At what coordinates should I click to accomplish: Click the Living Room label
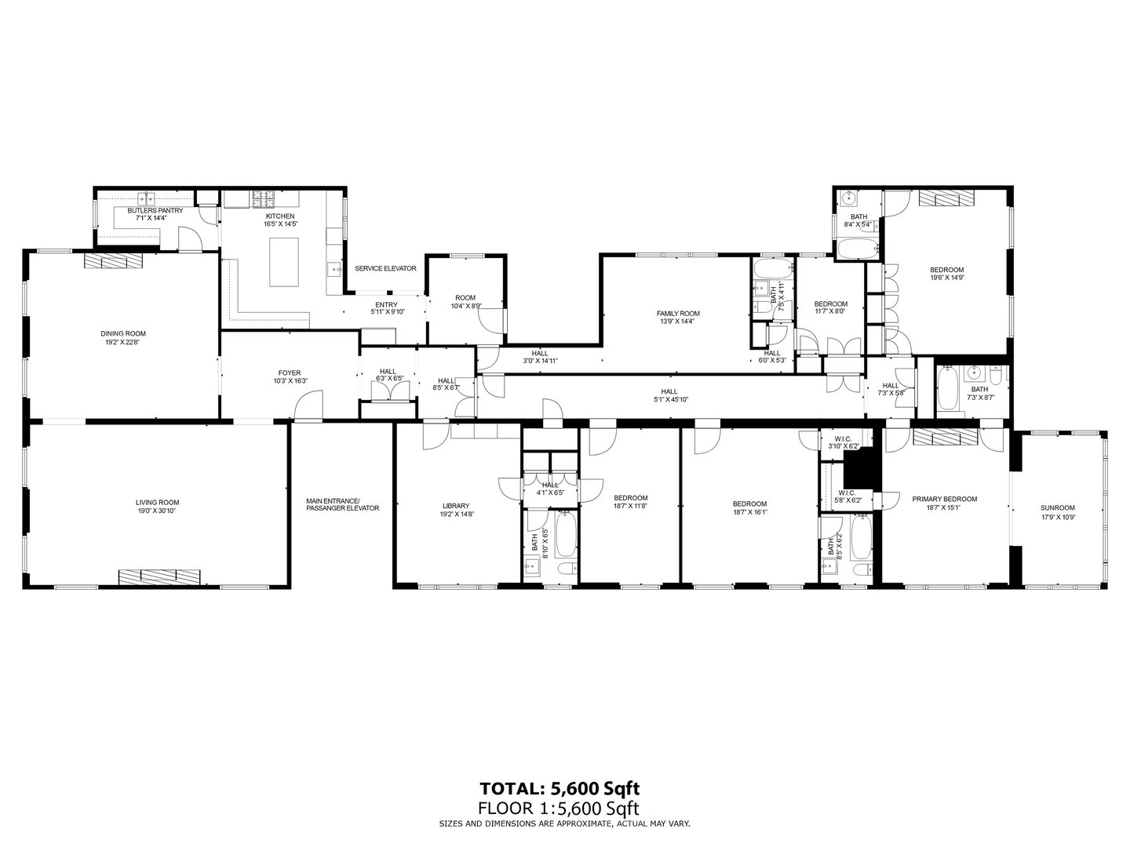[158, 502]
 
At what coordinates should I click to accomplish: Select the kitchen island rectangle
[285, 263]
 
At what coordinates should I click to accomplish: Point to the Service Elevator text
[385, 268]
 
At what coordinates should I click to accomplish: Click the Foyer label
[290, 373]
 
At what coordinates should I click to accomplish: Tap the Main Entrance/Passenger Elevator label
[342, 503]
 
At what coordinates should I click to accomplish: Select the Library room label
[455, 505]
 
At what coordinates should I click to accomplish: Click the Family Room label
[678, 313]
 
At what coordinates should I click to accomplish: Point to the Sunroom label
[1058, 507]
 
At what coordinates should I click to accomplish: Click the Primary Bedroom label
[944, 499]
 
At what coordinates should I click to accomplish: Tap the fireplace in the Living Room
[159, 576]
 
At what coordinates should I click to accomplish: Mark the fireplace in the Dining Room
[114, 261]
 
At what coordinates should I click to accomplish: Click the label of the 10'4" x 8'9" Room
[465, 297]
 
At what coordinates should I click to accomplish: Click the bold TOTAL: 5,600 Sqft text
[564, 787]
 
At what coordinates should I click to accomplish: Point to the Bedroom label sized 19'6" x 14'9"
[946, 270]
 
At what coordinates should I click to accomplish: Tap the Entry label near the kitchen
[386, 304]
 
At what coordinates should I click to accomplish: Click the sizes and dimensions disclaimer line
[564, 823]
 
